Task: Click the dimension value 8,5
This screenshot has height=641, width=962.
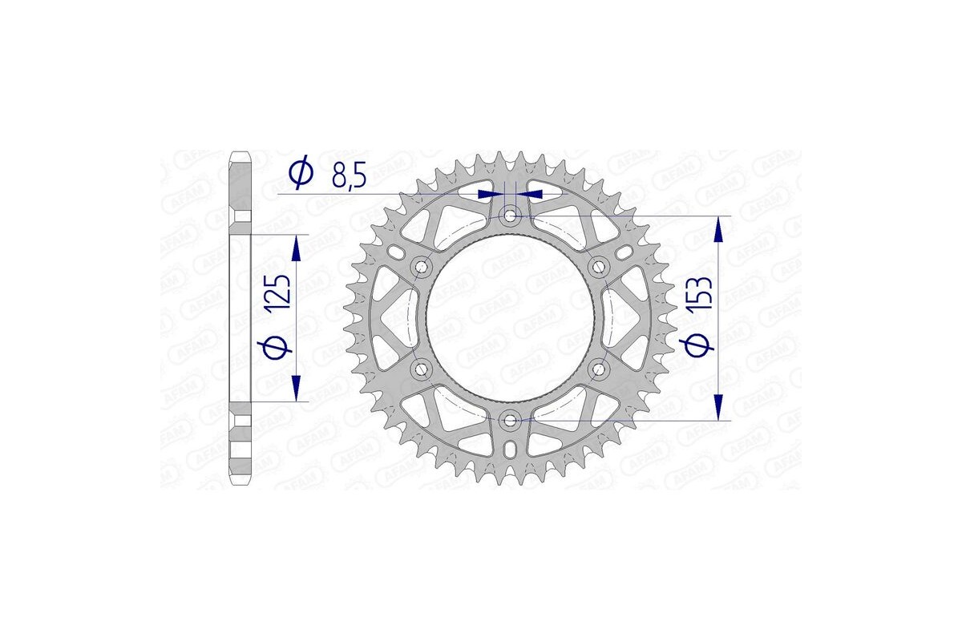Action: (349, 175)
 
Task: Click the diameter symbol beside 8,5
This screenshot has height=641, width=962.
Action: (301, 174)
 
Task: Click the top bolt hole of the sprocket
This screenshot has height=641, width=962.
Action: (510, 215)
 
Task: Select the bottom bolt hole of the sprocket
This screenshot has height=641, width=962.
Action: (510, 420)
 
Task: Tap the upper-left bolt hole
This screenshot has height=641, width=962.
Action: (421, 266)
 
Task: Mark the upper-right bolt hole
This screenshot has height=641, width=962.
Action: (599, 266)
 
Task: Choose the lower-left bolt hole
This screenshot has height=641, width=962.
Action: (421, 369)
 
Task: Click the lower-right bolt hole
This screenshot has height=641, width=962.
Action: (599, 369)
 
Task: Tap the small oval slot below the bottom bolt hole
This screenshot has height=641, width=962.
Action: (510, 451)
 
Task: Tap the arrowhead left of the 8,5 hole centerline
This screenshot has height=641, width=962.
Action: (486, 194)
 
